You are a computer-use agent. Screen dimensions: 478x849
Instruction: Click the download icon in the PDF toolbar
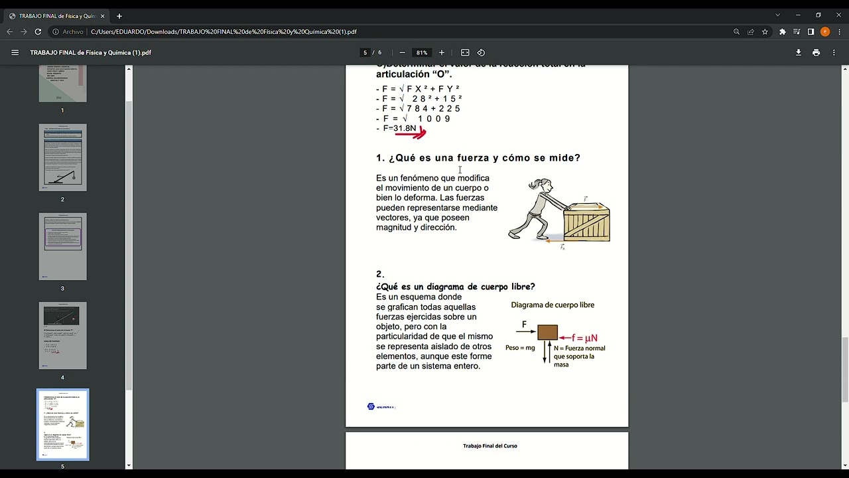tap(799, 52)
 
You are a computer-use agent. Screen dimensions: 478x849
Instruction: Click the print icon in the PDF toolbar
tap(816, 52)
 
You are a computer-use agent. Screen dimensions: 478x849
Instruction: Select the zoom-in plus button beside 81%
tap(442, 52)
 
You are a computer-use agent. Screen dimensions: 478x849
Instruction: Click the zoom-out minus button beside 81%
tap(402, 52)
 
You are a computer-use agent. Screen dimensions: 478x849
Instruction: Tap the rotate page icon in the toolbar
tap(481, 52)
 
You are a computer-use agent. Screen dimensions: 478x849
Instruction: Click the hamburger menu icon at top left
tap(15, 52)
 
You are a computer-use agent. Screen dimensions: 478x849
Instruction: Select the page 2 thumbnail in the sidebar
tap(62, 157)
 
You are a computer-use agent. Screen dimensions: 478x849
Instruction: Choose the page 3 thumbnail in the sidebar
tap(62, 246)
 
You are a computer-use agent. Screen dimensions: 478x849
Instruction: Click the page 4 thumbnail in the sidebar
tap(62, 335)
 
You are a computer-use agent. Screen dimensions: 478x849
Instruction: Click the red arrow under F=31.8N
tap(411, 134)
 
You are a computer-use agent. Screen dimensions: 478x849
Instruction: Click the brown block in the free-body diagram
tap(547, 333)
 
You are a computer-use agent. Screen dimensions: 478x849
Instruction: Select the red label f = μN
tap(584, 338)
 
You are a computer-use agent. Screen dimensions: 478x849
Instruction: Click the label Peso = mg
tap(519, 347)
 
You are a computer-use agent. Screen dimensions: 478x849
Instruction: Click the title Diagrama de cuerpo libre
tap(553, 305)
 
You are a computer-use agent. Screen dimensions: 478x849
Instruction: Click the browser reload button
tap(38, 31)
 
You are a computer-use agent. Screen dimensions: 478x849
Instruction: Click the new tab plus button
tap(119, 16)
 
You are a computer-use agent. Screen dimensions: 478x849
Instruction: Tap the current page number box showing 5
tap(365, 52)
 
